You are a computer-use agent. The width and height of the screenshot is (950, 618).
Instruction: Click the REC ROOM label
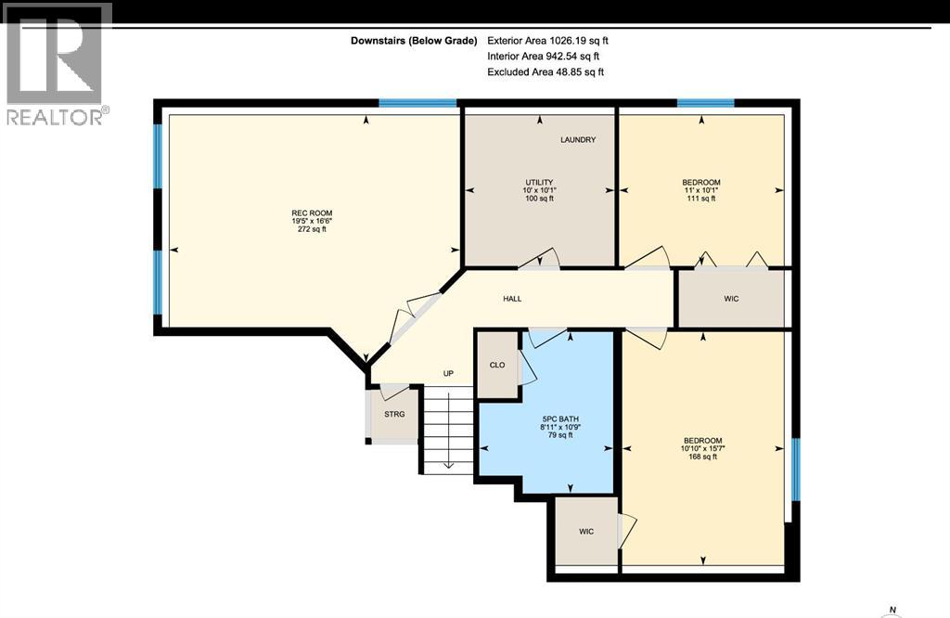point(312,212)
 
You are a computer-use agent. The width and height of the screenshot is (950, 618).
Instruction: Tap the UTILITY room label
point(539,183)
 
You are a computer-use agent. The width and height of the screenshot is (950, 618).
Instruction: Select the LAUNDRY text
point(578,139)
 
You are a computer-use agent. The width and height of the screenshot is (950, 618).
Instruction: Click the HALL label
point(512,299)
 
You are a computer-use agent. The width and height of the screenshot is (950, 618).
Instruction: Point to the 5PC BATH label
point(560,418)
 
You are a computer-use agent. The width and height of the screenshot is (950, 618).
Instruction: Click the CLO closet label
point(497,365)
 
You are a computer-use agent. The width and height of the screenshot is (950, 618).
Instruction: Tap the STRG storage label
point(394,415)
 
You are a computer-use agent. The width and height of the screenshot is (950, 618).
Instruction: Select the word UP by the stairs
point(448,374)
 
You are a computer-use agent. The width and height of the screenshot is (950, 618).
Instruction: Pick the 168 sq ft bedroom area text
point(703,457)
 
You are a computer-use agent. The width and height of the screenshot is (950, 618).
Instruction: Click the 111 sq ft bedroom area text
point(701,199)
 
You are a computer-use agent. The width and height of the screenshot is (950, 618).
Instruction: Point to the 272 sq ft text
point(312,229)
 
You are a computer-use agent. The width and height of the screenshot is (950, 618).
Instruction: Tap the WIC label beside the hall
point(731,299)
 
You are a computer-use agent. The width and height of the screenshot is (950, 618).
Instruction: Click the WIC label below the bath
point(586,532)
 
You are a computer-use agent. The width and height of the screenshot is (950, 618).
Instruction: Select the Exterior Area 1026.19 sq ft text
point(547,41)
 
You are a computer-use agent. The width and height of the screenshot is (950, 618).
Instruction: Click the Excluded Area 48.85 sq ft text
point(546,71)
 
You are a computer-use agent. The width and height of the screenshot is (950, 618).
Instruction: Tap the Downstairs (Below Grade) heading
point(414,41)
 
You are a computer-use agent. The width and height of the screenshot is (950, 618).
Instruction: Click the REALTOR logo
point(56,64)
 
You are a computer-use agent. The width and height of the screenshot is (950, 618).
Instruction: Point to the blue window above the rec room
point(417,103)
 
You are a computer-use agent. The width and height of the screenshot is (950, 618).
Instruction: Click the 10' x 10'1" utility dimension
point(539,190)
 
